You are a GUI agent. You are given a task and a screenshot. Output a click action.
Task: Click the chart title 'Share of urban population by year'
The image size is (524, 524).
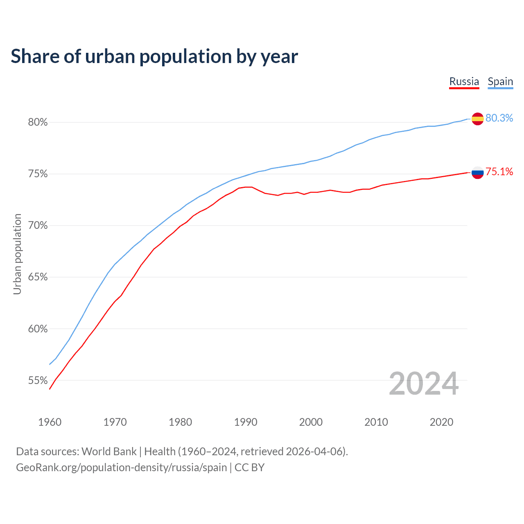154,56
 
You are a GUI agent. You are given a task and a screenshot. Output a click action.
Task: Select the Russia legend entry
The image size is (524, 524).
464,81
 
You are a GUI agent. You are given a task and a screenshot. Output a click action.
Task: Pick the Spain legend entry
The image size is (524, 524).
500,81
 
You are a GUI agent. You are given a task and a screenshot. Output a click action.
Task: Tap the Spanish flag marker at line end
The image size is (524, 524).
477,119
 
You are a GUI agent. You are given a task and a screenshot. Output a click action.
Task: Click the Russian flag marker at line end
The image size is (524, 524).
477,172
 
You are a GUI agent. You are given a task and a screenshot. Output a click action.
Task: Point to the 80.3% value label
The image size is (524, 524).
499,118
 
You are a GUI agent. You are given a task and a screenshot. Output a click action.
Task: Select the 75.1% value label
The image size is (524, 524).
499,172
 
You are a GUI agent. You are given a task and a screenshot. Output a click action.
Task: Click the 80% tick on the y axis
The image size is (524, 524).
38,122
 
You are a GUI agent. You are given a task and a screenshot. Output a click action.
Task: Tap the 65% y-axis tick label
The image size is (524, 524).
38,277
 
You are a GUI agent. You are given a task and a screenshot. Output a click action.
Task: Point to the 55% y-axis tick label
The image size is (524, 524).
38,381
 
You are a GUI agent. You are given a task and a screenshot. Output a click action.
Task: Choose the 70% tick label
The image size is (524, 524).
38,226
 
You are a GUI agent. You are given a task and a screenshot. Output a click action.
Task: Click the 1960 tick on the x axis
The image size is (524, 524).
50,422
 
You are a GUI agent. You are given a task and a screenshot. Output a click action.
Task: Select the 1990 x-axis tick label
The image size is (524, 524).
246,422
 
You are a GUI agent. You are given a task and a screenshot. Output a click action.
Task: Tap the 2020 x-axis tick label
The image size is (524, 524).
441,422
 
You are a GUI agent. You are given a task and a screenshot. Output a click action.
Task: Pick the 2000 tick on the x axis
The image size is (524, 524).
311,422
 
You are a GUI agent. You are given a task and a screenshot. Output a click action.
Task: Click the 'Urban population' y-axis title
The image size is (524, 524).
17,254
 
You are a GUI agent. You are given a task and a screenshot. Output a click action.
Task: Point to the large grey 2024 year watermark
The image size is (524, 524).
424,384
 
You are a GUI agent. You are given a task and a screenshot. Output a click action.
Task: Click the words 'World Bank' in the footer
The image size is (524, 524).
109,452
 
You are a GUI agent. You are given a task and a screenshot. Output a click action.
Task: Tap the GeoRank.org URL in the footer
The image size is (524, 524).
121,468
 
